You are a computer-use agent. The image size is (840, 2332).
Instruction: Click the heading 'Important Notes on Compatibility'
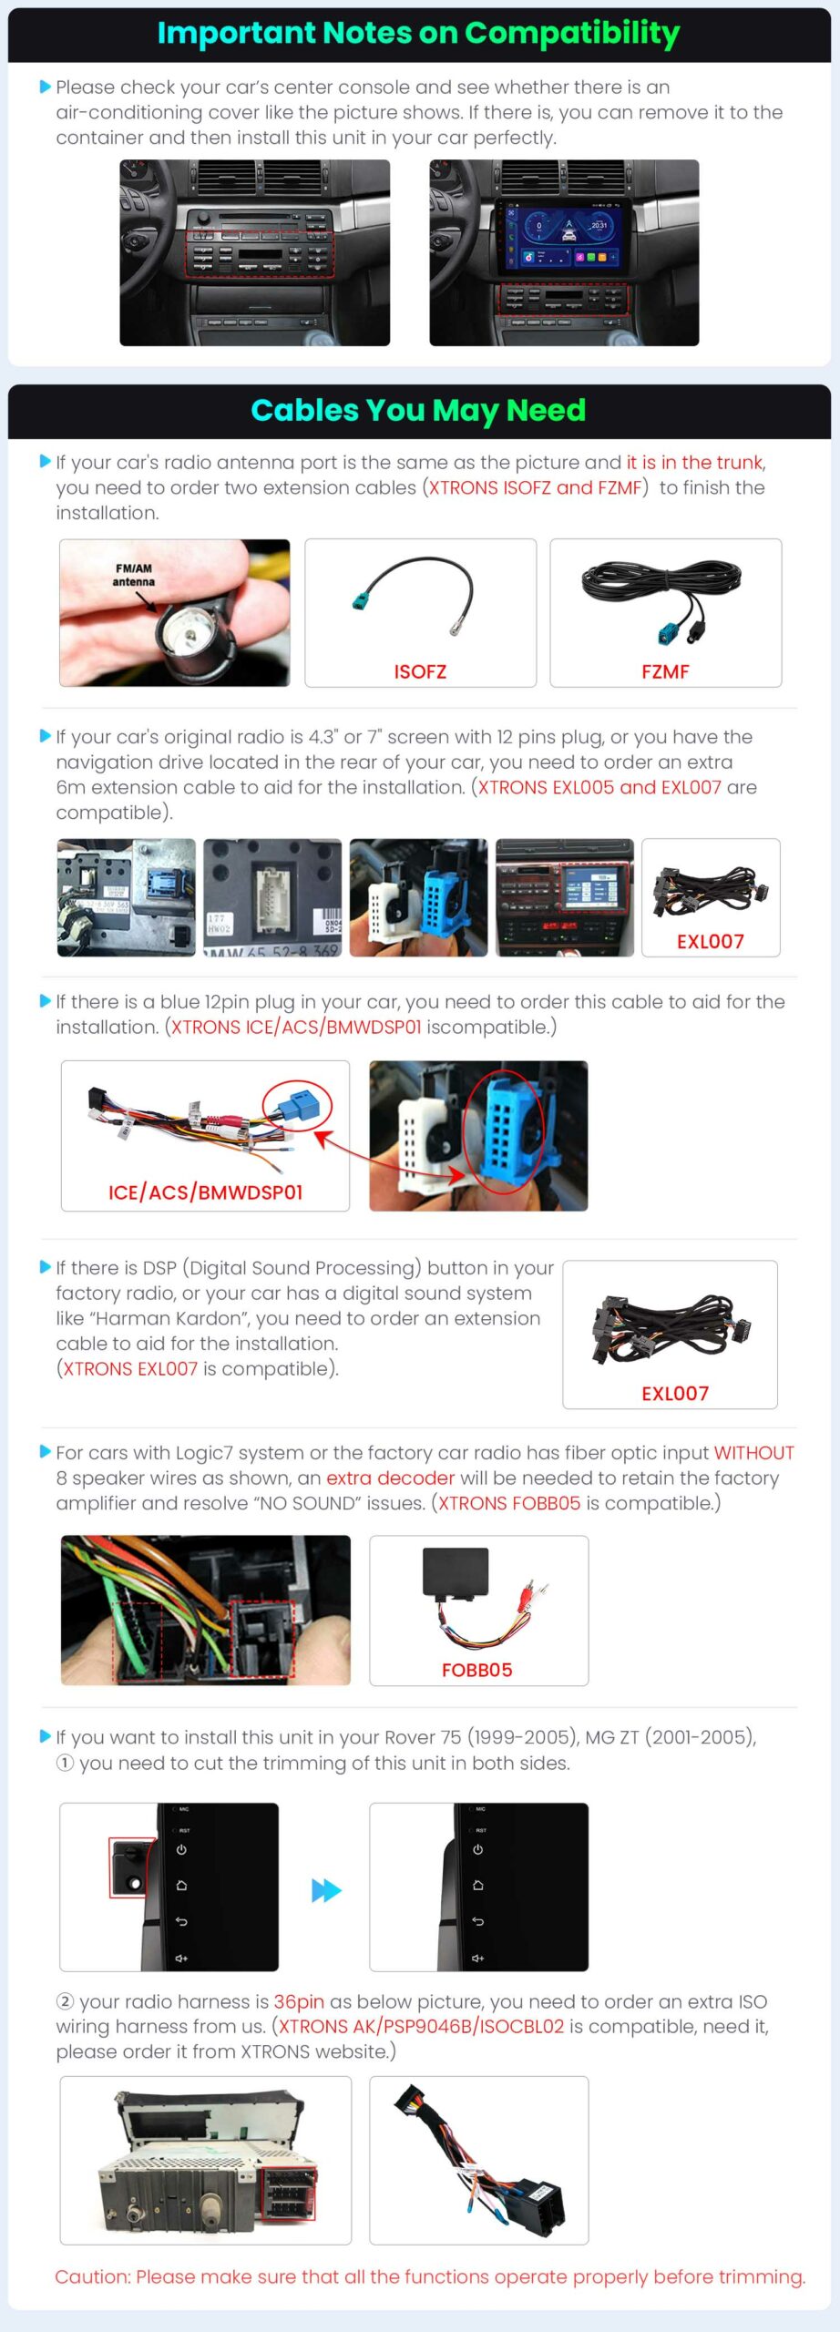tap(418, 33)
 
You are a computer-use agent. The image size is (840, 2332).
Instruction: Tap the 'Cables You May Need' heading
tap(418, 410)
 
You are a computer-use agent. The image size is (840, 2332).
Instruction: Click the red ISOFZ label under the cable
tap(420, 671)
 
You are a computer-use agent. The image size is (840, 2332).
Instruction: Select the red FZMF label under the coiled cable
tap(665, 671)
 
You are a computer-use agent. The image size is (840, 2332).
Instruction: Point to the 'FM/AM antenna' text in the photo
tap(134, 575)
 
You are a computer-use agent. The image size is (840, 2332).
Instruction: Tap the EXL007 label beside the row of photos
tap(711, 941)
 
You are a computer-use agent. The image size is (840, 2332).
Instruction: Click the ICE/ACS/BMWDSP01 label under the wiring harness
tap(205, 1192)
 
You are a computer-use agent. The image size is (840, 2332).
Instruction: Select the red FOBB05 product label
tap(477, 1670)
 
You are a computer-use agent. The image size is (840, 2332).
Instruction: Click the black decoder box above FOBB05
tap(456, 1572)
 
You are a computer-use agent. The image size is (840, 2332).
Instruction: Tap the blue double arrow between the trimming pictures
tap(326, 1890)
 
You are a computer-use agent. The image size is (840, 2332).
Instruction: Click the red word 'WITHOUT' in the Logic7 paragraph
tap(753, 1453)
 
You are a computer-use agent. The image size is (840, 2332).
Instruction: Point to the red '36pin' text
tap(299, 2001)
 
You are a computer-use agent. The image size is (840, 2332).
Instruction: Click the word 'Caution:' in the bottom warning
tap(93, 2276)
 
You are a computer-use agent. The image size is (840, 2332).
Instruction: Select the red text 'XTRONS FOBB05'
tap(509, 1503)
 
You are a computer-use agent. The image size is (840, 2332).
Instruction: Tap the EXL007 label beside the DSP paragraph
tap(675, 1393)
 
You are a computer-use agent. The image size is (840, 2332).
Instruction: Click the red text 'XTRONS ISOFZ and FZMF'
tap(536, 487)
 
